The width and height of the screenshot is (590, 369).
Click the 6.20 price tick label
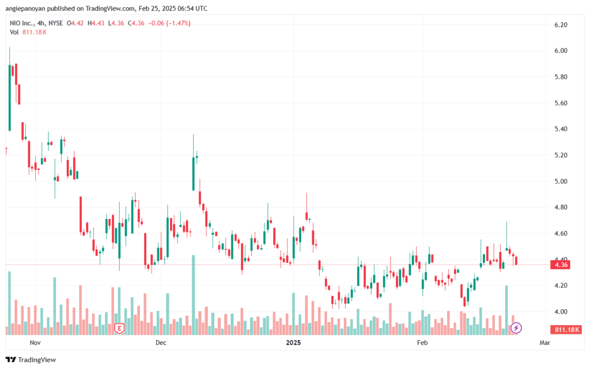coord(561,25)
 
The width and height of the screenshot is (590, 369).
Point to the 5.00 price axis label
coord(561,181)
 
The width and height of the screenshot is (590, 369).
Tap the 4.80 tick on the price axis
coord(561,207)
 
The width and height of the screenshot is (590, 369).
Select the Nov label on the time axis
coord(35,343)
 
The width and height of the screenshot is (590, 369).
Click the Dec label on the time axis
coord(161,343)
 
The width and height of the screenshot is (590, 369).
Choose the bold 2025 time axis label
coord(293,343)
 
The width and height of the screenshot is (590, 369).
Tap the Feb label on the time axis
coord(422,343)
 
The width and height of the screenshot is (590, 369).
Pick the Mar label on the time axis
coord(544,343)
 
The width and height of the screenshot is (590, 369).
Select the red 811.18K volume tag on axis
coord(566,329)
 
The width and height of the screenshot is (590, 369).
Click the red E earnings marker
coord(119,329)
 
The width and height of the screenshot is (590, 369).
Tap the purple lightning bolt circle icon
coord(516,328)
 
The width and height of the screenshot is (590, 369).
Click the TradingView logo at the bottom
coord(31,360)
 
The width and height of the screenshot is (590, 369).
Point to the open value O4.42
coord(75,23)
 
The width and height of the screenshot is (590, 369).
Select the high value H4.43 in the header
coord(96,23)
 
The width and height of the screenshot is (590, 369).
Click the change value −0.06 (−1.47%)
coord(169,23)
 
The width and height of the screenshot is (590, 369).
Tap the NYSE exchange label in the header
coord(56,23)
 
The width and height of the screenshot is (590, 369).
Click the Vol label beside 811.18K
coord(14,32)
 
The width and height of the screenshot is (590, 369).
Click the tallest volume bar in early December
coord(194,295)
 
